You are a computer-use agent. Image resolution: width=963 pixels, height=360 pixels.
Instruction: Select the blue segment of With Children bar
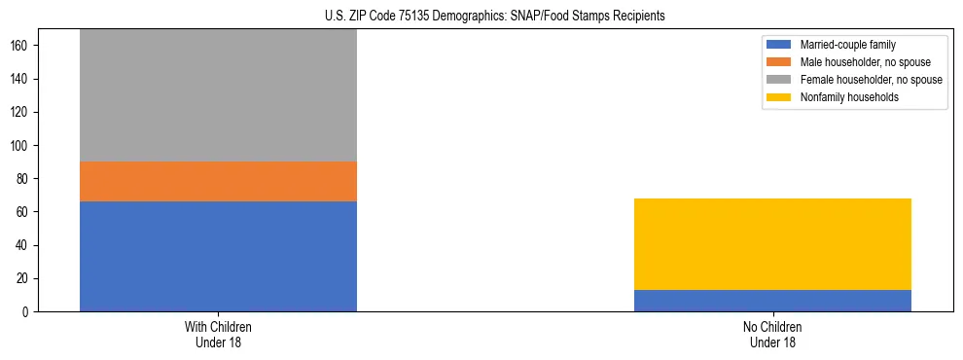click(x=218, y=256)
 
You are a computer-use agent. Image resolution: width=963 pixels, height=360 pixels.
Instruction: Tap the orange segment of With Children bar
click(x=218, y=181)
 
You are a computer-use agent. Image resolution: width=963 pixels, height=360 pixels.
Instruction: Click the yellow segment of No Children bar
click(x=772, y=244)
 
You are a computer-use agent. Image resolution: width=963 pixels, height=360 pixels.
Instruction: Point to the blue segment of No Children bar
click(x=772, y=301)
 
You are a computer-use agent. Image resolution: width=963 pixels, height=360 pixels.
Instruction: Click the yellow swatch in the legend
click(x=779, y=96)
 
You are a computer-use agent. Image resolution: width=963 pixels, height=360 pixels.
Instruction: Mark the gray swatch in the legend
click(x=779, y=79)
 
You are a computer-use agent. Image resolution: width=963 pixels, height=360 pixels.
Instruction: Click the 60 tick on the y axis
click(x=28, y=212)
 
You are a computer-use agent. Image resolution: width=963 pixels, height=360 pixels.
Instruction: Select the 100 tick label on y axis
click(x=25, y=145)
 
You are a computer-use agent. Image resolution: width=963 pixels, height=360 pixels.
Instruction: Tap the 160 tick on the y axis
click(x=25, y=46)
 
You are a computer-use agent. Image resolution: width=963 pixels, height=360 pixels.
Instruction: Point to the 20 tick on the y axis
click(x=28, y=278)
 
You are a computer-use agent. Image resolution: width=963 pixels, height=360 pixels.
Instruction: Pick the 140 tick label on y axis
click(x=25, y=79)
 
